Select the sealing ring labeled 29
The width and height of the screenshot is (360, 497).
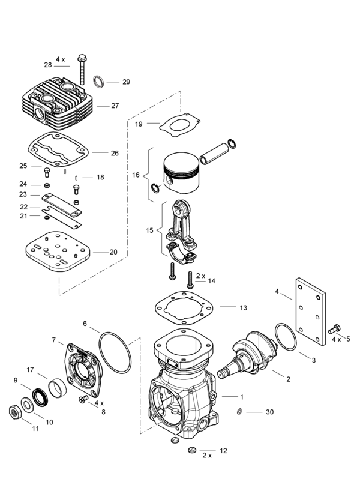[x=100, y=80]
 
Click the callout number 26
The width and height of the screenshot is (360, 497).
[x=115, y=153]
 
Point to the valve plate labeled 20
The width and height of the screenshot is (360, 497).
[x=59, y=255]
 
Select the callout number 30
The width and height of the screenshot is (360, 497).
[x=269, y=412]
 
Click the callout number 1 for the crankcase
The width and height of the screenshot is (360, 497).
[x=241, y=397]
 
